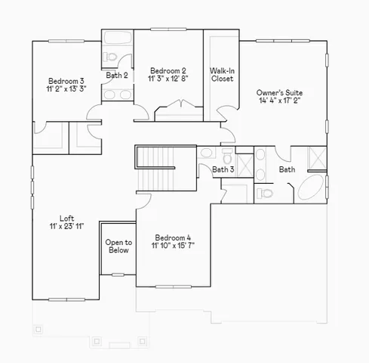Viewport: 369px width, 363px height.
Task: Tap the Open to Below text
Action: [118, 247]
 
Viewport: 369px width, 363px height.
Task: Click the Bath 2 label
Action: [116, 75]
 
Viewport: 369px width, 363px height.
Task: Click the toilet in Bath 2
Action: [111, 57]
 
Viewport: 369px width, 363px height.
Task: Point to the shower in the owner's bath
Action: [316, 159]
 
